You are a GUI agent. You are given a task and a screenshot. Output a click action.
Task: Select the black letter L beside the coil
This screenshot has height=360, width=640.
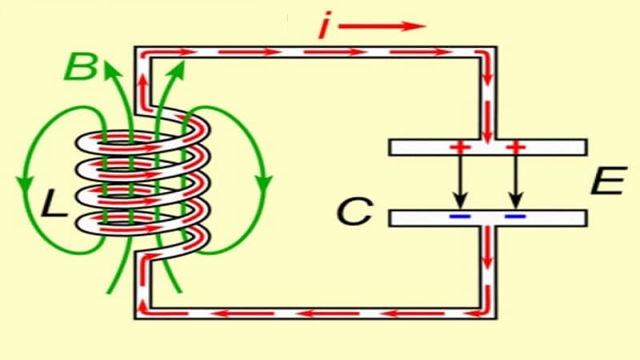(56, 206)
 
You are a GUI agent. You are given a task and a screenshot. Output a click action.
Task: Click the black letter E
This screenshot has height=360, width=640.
(606, 183)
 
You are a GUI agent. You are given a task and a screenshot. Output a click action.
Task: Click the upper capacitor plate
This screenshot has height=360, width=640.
(487, 147)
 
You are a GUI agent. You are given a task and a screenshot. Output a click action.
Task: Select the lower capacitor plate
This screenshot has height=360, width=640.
(487, 217)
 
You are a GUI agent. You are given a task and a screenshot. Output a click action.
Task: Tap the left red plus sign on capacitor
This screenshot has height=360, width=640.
(458, 147)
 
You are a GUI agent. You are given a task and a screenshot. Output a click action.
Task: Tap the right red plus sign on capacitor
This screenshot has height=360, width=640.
(516, 147)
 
